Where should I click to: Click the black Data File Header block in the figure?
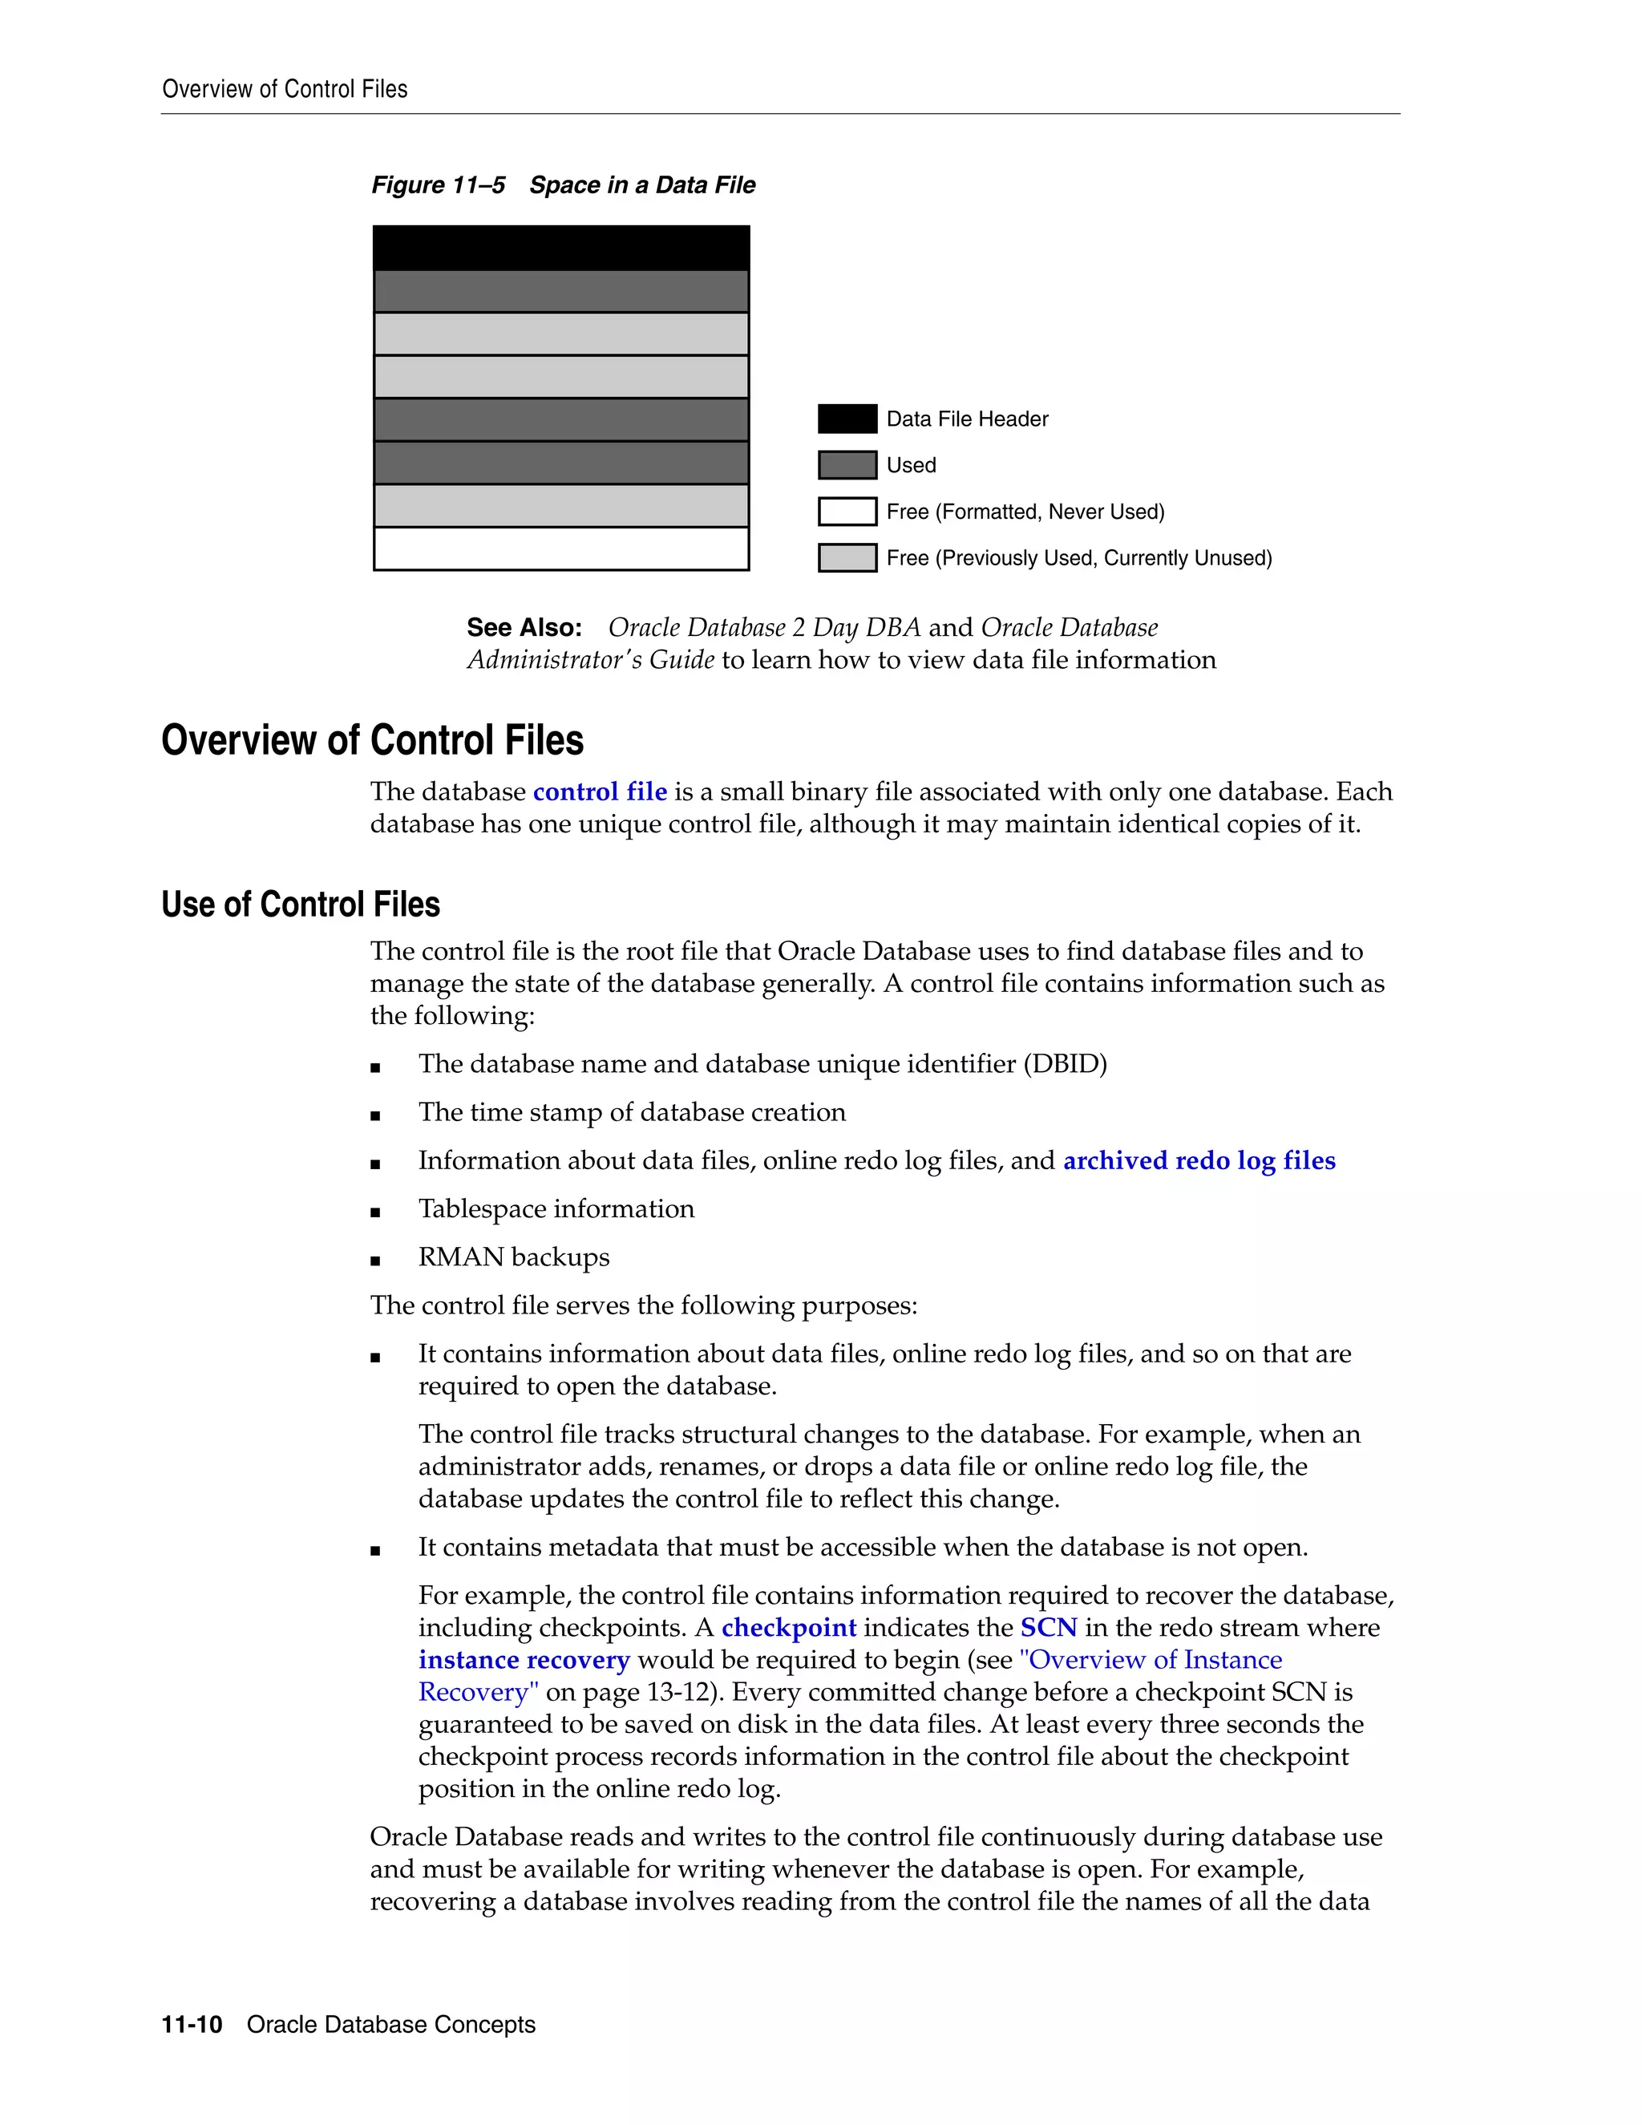coord(561,248)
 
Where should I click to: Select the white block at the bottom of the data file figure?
coord(561,548)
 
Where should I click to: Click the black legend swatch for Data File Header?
coord(847,419)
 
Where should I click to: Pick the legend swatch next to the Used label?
coord(847,465)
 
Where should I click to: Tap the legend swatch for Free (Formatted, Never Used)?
coord(847,512)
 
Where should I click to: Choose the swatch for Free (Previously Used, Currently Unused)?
coord(847,557)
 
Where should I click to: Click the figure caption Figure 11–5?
coord(438,185)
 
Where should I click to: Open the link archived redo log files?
coord(1199,1161)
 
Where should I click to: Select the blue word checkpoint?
coord(788,1628)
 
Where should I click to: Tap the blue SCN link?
coord(1048,1628)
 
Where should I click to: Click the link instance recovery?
coord(524,1660)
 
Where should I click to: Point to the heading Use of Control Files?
coord(301,904)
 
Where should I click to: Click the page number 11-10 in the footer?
coord(192,2025)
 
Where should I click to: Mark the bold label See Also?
coord(524,628)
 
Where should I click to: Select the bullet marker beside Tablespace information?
coord(375,1212)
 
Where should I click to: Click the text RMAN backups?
coord(514,1257)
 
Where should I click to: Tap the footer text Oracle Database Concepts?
coord(391,2025)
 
